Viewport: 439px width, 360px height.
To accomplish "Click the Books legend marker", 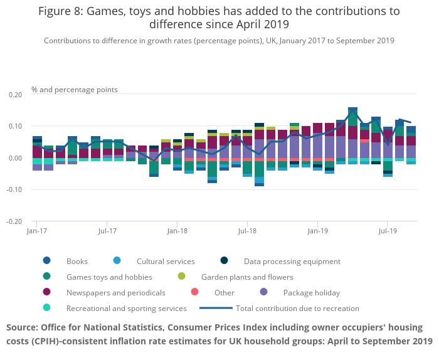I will coord(46,261).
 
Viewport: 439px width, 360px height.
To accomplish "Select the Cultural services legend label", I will coord(166,261).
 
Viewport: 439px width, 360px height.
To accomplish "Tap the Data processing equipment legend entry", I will coord(292,261).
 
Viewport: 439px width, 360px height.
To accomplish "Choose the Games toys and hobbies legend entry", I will coord(108,277).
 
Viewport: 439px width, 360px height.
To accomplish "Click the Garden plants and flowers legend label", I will coord(246,277).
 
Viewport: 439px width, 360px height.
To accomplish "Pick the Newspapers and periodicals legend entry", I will coord(115,292).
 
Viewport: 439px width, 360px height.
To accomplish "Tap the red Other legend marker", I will coord(194,292).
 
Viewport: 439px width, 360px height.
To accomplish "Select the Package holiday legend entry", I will coord(311,292).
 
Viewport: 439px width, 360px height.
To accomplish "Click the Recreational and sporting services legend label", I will coord(126,308).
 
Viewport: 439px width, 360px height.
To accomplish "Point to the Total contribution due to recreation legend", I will coord(297,308).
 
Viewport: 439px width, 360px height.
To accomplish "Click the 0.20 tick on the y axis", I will coord(14,95).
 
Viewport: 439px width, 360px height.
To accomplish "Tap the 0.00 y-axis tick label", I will coord(14,158).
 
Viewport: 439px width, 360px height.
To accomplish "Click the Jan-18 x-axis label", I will coord(177,231).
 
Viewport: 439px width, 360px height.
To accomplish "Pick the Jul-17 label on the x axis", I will coord(107,231).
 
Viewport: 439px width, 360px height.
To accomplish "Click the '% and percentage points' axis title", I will coord(75,90).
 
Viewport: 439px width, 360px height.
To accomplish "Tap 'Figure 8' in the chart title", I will coord(61,11).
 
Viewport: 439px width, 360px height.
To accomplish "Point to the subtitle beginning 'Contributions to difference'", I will coord(219,40).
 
